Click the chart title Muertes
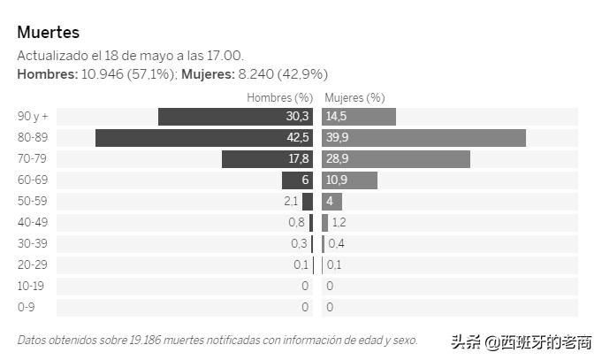point(49,33)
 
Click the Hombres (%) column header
point(280,97)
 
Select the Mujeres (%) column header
point(354,97)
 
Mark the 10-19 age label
point(30,287)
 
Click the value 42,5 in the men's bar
point(298,138)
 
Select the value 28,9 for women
point(337,159)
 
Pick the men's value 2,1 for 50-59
point(291,202)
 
